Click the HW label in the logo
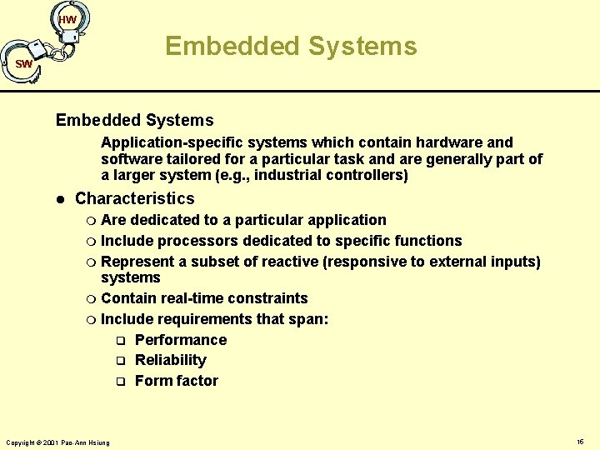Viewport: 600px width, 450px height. pyautogui.click(x=68, y=19)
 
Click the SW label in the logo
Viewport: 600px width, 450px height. pyautogui.click(x=23, y=64)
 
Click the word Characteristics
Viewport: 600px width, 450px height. pyautogui.click(x=134, y=198)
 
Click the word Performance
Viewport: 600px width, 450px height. pyautogui.click(x=181, y=340)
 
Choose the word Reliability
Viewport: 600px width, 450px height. pyautogui.click(x=171, y=360)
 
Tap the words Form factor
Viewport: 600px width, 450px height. pyautogui.click(x=177, y=381)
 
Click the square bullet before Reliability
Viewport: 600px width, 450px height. pyautogui.click(x=120, y=361)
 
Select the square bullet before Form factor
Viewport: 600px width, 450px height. pyautogui.click(x=120, y=382)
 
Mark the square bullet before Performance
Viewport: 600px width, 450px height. pyautogui.click(x=120, y=341)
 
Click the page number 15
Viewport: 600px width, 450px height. pyautogui.click(x=580, y=440)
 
